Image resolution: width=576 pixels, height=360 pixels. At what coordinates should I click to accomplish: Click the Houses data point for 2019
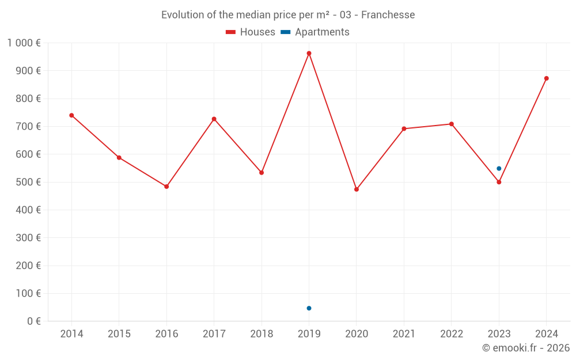tap(309, 54)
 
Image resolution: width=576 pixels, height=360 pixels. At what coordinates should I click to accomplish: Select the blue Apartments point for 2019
tap(309, 308)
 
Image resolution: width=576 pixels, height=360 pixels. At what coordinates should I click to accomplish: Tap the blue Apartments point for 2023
tap(499, 169)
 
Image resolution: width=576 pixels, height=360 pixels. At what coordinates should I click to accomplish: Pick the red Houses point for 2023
tap(499, 182)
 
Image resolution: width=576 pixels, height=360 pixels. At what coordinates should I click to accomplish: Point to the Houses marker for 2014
tap(71, 115)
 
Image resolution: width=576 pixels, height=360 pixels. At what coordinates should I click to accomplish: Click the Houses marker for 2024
tap(547, 78)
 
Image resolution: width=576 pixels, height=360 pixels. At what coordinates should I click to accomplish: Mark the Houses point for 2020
tap(357, 190)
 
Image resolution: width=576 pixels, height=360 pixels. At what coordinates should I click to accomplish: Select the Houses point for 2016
tap(166, 187)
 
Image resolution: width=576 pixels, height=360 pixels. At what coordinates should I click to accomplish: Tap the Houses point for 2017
tap(214, 119)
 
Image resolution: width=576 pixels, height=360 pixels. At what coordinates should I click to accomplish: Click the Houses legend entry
tap(251, 32)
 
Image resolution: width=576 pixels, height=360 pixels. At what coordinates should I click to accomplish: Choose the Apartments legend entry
tap(315, 32)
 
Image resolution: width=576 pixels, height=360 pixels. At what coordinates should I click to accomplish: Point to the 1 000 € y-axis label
tap(24, 43)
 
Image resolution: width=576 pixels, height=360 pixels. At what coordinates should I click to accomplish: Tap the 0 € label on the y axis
tap(33, 321)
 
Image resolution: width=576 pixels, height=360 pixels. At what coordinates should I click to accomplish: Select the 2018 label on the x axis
tap(262, 334)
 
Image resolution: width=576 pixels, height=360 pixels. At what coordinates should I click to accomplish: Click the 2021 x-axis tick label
tap(404, 334)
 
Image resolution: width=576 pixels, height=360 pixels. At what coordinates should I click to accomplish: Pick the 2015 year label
tap(119, 334)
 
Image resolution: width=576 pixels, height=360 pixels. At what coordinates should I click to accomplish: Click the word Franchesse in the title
tap(392, 15)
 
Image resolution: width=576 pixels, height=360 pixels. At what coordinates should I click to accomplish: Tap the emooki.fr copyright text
tap(526, 348)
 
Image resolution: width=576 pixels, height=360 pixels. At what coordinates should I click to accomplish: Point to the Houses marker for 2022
tap(452, 124)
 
